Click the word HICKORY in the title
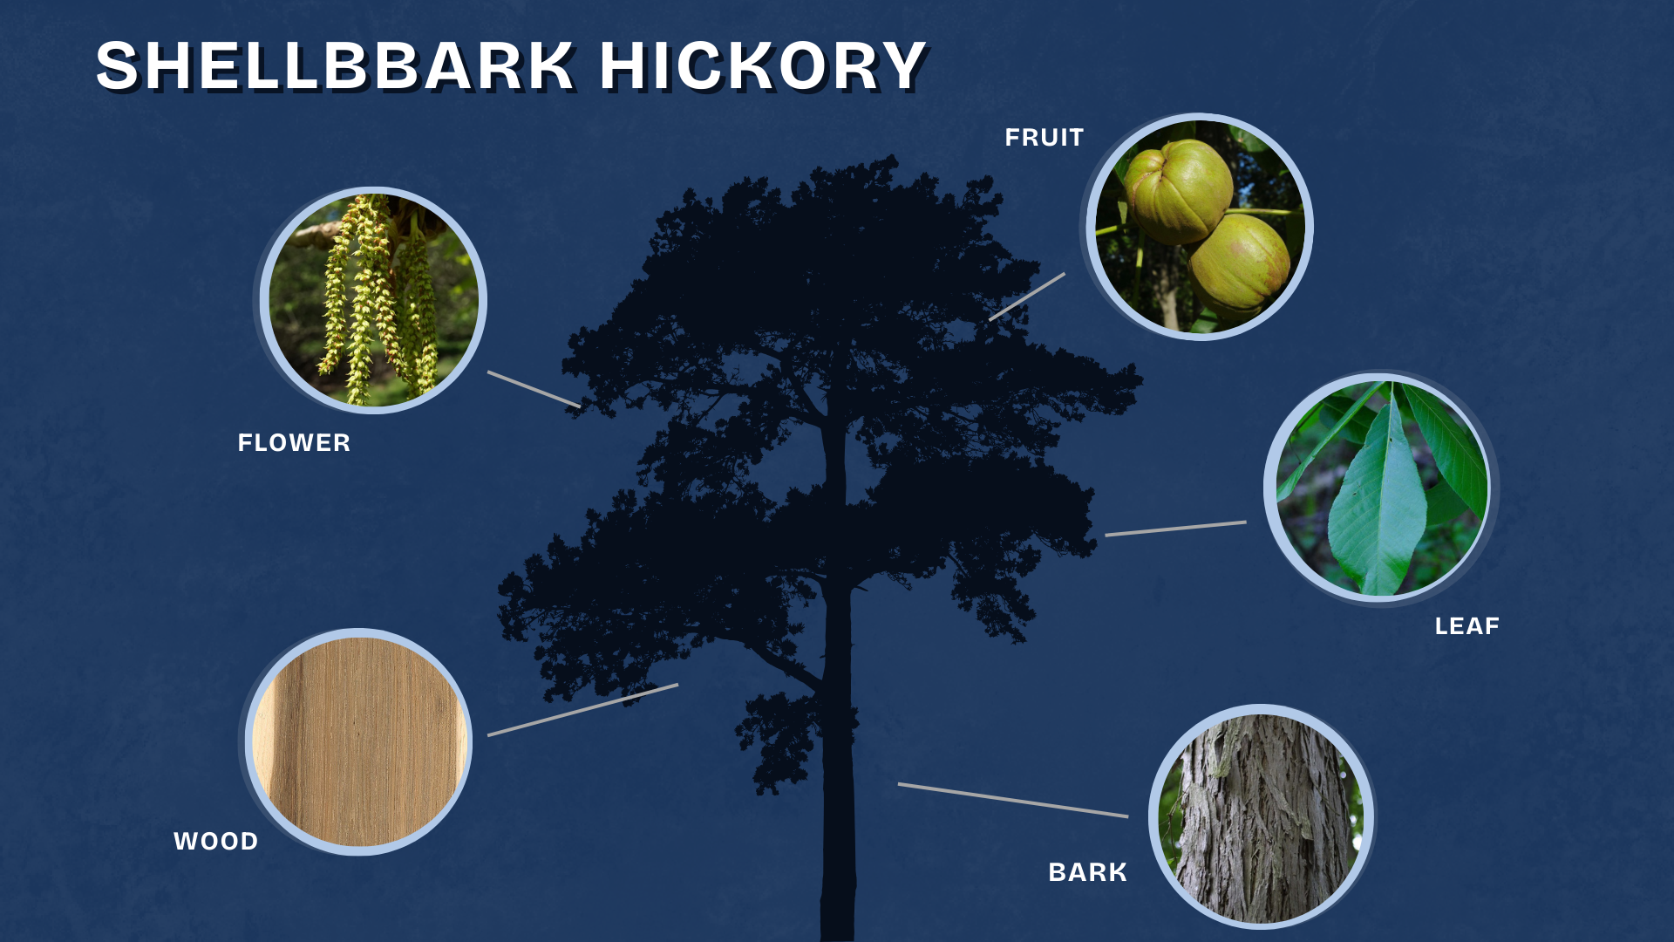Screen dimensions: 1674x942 point(763,66)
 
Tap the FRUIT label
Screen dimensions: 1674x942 point(1044,138)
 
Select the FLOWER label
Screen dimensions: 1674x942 point(294,443)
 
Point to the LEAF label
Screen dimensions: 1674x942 point(1467,626)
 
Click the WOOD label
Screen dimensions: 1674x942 point(216,842)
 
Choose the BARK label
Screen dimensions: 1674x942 point(1087,872)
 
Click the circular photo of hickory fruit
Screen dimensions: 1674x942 point(1200,227)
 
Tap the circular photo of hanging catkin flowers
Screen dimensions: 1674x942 point(373,300)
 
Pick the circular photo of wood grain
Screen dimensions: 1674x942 point(358,741)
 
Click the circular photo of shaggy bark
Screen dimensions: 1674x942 point(1261,817)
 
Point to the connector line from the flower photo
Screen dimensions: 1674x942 point(534,389)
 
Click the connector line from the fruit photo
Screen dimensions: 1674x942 point(1027,297)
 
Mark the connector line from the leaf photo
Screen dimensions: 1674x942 point(1175,529)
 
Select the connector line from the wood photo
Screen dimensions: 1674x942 point(582,710)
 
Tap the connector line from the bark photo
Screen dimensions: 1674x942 point(1013,800)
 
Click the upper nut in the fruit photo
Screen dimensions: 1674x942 point(1179,192)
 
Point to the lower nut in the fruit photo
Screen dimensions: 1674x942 point(1240,266)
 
